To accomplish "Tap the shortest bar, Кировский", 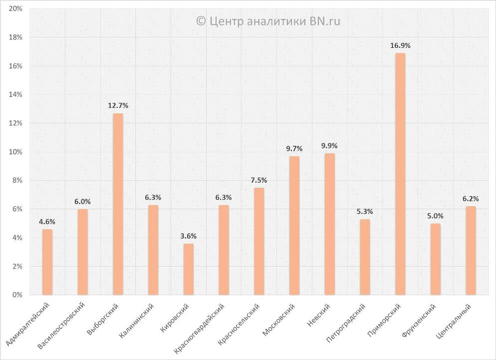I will pyautogui.click(x=188, y=269).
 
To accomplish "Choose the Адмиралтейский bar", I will pyautogui.click(x=47, y=262).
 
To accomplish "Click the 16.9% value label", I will pyautogui.click(x=400, y=45).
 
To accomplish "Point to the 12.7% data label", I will pyautogui.click(x=118, y=105).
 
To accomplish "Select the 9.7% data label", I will pyautogui.click(x=294, y=148).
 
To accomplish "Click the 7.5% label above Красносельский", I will pyautogui.click(x=259, y=180).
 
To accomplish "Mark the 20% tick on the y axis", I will pyautogui.click(x=15, y=9).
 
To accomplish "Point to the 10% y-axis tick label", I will pyautogui.click(x=15, y=152).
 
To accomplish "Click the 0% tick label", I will pyautogui.click(x=17, y=295).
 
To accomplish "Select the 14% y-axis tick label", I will pyautogui.click(x=15, y=95).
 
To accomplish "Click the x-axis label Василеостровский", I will pyautogui.click(x=62, y=326).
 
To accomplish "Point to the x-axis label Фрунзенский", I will pyautogui.click(x=419, y=322).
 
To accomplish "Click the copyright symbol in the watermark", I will pyautogui.click(x=201, y=21).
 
